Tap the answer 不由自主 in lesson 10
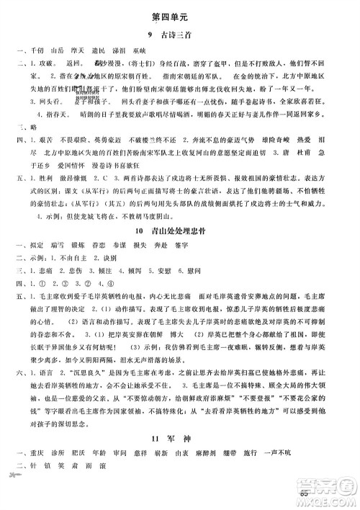point(71,282)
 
